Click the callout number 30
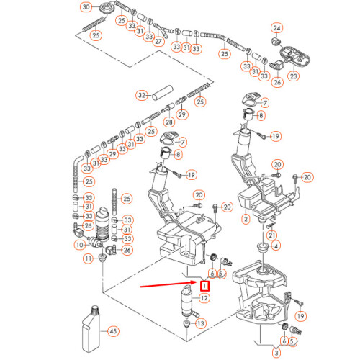click(x=86, y=8)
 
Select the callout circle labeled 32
click(x=142, y=95)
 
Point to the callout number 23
click(x=294, y=75)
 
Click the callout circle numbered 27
click(x=158, y=42)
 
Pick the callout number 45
click(x=112, y=331)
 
